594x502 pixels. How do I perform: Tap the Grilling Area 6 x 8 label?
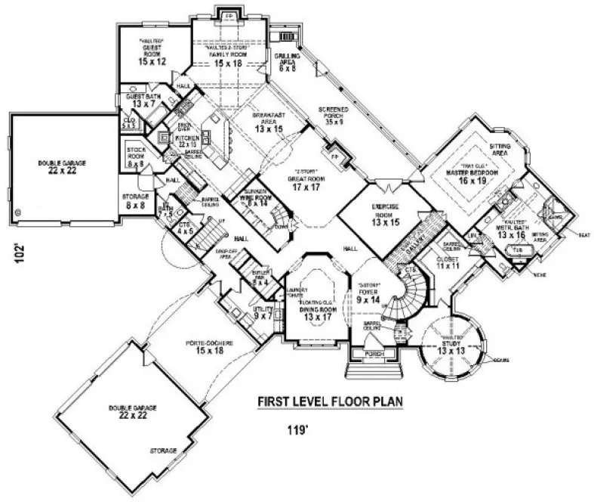pos(288,63)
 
